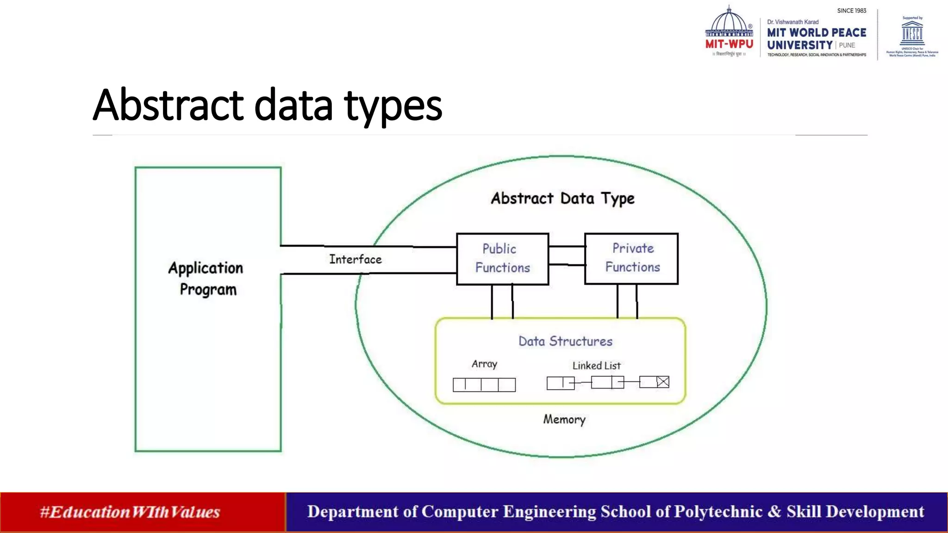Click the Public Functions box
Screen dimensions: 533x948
pos(502,259)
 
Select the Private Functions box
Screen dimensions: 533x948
pos(631,258)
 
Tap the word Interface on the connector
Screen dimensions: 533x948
pos(355,260)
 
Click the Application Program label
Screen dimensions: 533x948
pos(206,279)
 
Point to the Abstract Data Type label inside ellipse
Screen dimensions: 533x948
pos(562,198)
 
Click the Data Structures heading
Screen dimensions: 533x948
pos(565,341)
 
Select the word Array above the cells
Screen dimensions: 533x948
pos(484,364)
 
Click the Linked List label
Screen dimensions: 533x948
pos(596,366)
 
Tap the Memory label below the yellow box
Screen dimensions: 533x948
pos(564,419)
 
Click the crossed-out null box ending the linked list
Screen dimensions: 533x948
pos(663,382)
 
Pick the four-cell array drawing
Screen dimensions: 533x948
pos(484,384)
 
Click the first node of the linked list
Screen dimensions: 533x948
pos(561,383)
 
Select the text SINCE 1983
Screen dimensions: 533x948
pos(851,11)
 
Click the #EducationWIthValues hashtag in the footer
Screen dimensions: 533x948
pos(130,512)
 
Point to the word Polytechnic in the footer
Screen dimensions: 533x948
pos(718,512)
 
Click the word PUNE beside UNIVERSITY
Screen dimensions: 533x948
pos(847,45)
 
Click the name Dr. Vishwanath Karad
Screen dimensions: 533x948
pos(792,22)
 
